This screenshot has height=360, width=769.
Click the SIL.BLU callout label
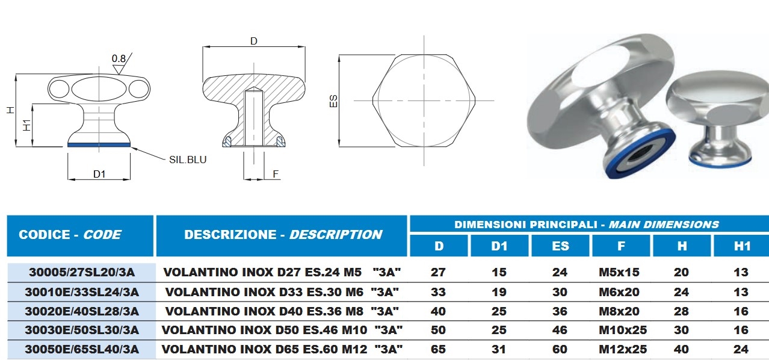pyautogui.click(x=188, y=160)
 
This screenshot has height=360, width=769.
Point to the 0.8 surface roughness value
pyautogui.click(x=119, y=58)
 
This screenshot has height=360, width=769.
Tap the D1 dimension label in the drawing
pyautogui.click(x=99, y=174)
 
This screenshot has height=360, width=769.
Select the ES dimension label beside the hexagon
pyautogui.click(x=333, y=101)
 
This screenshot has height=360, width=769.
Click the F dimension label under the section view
pyautogui.click(x=276, y=174)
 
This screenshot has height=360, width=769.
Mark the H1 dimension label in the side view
pyautogui.click(x=27, y=125)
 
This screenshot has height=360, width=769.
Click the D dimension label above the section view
pyautogui.click(x=254, y=41)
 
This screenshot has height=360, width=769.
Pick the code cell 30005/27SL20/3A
pyautogui.click(x=82, y=272)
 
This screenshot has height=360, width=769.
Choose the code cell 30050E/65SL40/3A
pyautogui.click(x=82, y=349)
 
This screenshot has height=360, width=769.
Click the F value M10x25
pyautogui.click(x=623, y=330)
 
